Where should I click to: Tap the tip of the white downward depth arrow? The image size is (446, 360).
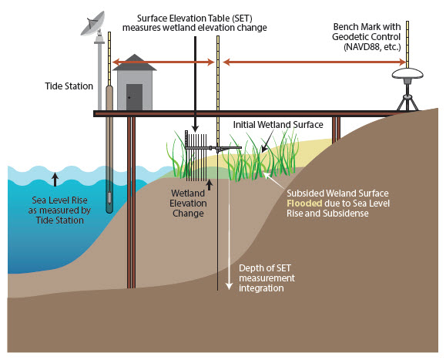(228, 289)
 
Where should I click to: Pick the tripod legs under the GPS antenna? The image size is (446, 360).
(409, 99)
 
